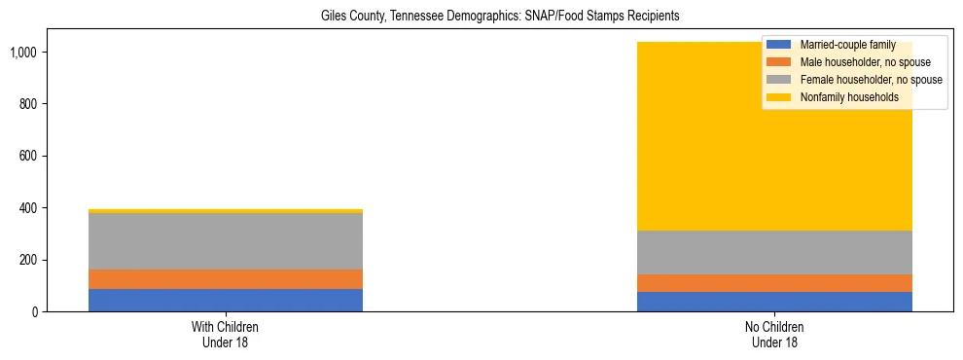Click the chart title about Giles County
tap(501, 16)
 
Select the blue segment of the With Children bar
tap(226, 300)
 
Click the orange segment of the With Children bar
tap(226, 279)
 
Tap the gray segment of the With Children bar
tap(226, 241)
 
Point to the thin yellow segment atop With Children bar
tap(226, 211)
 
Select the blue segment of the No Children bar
tap(774, 302)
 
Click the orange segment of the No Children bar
tap(774, 283)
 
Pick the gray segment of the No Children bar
tap(774, 253)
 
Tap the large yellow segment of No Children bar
tap(681, 136)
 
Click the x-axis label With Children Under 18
tap(226, 334)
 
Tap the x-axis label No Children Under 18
tap(774, 334)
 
